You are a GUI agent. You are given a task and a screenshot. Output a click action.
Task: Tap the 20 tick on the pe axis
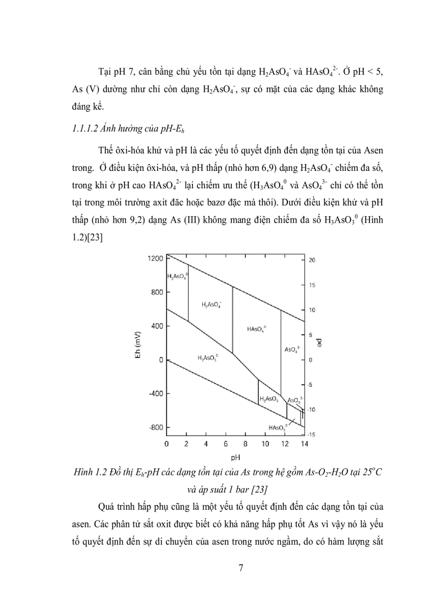[x=311, y=260]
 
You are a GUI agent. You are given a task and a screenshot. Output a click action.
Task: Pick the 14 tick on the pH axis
[x=303, y=444]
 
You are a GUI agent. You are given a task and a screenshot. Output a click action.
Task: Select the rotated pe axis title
[x=320, y=343]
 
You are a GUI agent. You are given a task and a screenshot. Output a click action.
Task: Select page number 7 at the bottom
[x=242, y=568]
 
